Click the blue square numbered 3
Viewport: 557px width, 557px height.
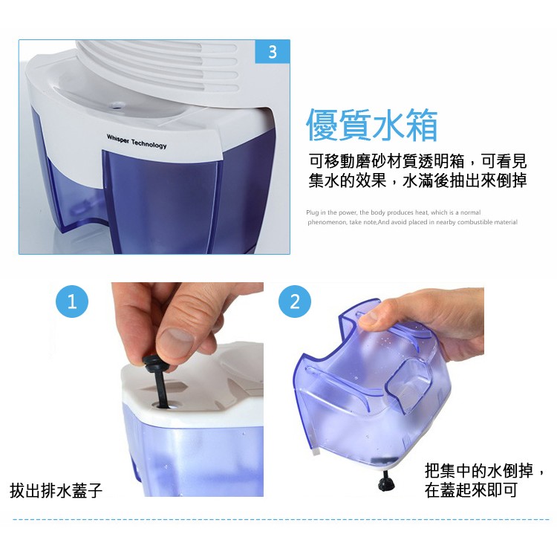pyautogui.click(x=273, y=52)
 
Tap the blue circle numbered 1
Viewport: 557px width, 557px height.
pyautogui.click(x=72, y=302)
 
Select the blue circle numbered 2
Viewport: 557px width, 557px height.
pyautogui.click(x=295, y=302)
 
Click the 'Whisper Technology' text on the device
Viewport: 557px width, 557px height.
pyautogui.click(x=137, y=141)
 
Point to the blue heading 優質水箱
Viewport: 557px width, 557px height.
pyautogui.click(x=372, y=125)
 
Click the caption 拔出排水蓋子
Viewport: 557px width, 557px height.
pyautogui.click(x=56, y=491)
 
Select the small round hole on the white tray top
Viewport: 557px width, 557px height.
pyautogui.click(x=117, y=105)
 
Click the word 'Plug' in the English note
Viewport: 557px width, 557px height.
pyautogui.click(x=312, y=212)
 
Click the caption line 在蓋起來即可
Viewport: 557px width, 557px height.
pyautogui.click(x=471, y=490)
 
